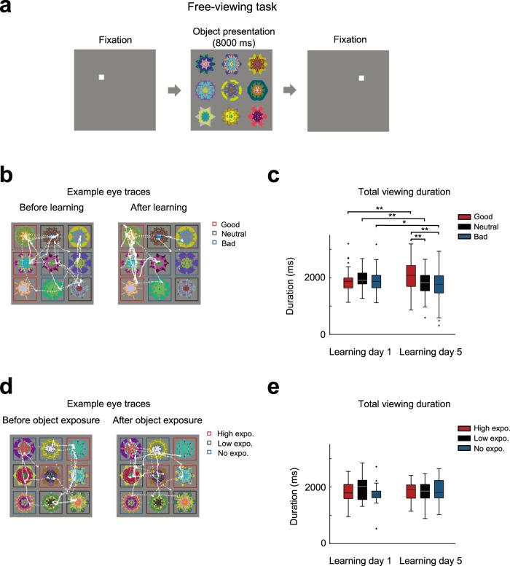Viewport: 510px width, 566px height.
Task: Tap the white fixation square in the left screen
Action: pos(102,78)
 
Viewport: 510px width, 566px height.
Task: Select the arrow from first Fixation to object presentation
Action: pos(174,90)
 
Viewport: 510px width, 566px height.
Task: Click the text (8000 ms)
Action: pos(231,42)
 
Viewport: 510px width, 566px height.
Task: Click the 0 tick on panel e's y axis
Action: pos(321,543)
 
